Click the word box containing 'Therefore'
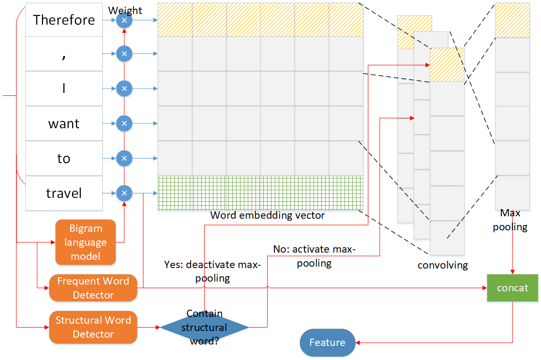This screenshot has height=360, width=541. click(64, 20)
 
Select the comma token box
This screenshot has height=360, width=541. click(64, 54)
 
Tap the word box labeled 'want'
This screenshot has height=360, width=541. click(64, 124)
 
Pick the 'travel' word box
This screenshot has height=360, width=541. click(64, 194)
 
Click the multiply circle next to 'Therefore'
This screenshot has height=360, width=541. click(124, 20)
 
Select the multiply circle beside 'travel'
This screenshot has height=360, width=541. click(124, 194)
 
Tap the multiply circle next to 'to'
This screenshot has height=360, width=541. click(124, 158)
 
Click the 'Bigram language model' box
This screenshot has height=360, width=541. click(86, 242)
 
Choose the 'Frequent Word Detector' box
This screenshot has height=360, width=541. click(93, 288)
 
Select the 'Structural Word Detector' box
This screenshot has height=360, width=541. click(93, 327)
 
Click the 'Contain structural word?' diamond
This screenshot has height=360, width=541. click(204, 328)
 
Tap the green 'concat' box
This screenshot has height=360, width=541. click(512, 288)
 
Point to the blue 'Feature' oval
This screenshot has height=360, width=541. click(327, 343)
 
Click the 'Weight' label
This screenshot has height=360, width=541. click(125, 10)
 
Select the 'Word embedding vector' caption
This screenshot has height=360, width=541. click(268, 216)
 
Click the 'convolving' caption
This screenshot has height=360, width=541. click(443, 265)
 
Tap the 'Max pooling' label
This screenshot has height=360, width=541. click(510, 220)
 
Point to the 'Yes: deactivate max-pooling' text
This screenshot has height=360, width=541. click(213, 271)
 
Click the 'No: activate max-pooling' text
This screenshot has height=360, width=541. click(314, 256)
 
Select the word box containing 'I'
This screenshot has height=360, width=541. click(64, 89)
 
